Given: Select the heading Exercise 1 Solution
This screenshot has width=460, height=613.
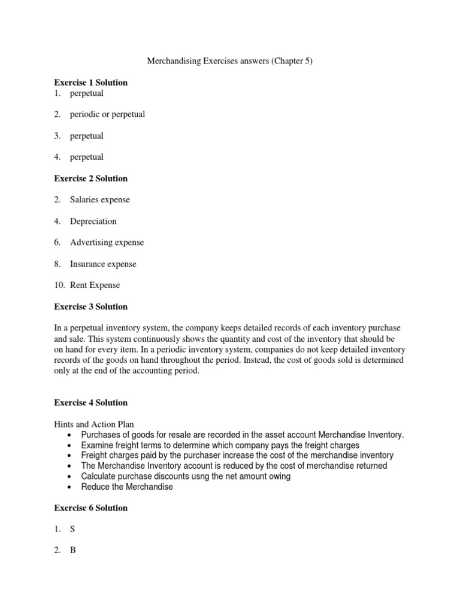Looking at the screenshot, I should pyautogui.click(x=90, y=83).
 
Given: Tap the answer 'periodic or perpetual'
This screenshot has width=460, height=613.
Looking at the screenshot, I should pyautogui.click(x=107, y=114).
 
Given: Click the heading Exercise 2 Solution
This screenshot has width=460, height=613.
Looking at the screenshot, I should pyautogui.click(x=90, y=178).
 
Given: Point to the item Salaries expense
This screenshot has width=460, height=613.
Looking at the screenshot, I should pyautogui.click(x=99, y=200).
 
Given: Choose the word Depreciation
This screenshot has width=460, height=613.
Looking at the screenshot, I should pyautogui.click(x=93, y=221).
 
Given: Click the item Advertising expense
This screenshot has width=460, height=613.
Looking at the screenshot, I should pyautogui.click(x=107, y=242).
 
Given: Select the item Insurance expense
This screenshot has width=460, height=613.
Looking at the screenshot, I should pyautogui.click(x=103, y=264).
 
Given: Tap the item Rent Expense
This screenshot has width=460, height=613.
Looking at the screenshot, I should pyautogui.click(x=95, y=286).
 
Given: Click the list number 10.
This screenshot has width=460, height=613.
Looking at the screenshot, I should pyautogui.click(x=59, y=286).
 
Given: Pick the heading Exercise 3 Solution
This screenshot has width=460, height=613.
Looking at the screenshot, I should pyautogui.click(x=90, y=306).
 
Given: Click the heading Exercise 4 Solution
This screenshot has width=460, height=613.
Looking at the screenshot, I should pyautogui.click(x=90, y=403).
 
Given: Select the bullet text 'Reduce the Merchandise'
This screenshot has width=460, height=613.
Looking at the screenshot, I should pyautogui.click(x=127, y=487).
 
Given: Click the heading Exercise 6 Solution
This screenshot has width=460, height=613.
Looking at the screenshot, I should pyautogui.click(x=90, y=508).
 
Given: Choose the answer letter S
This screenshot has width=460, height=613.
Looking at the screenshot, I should pyautogui.click(x=72, y=529).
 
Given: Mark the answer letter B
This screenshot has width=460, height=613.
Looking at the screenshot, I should pyautogui.click(x=72, y=551).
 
